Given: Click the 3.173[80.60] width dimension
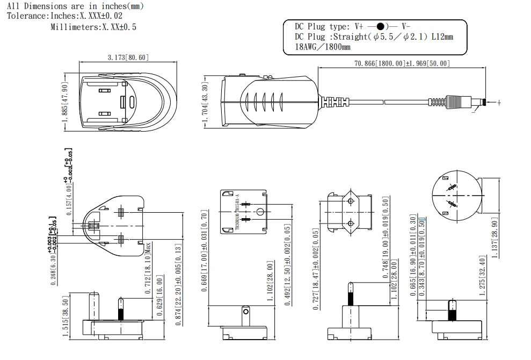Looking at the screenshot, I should tap(128, 57).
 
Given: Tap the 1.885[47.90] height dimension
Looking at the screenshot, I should tap(65, 103).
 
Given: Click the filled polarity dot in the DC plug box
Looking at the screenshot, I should tap(380, 26).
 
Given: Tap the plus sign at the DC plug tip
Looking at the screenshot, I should tap(499, 103).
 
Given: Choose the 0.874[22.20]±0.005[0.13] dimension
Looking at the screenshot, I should tap(178, 284).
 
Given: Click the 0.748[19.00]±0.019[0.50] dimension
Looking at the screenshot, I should tap(385, 236).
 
